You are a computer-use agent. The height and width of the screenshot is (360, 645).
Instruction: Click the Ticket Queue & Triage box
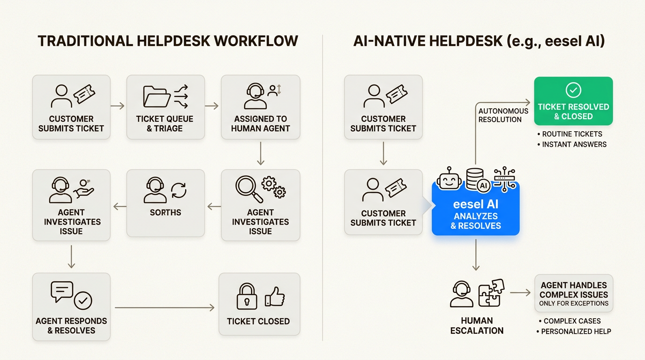click(x=165, y=107)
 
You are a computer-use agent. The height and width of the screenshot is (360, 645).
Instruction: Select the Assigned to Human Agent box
click(x=260, y=107)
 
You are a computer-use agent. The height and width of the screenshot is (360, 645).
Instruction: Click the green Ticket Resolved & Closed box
click(x=573, y=101)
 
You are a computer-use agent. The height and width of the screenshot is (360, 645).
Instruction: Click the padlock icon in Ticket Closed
click(x=247, y=296)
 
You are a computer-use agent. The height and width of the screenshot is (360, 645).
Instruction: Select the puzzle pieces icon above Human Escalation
click(x=491, y=292)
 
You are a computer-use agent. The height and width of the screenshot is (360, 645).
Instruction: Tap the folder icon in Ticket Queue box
click(x=157, y=96)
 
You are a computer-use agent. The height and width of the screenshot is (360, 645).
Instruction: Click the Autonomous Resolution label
click(x=503, y=115)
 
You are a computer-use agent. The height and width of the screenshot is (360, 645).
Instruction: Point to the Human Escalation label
click(x=477, y=325)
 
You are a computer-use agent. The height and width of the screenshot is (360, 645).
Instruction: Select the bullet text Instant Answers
click(x=574, y=144)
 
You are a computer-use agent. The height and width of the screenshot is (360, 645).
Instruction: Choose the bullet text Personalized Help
click(x=576, y=331)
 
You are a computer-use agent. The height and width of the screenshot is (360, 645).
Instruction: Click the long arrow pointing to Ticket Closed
click(x=165, y=307)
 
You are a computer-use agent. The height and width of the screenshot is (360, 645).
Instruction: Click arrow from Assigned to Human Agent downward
click(x=261, y=155)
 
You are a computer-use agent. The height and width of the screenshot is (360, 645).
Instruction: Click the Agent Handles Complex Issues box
click(x=573, y=294)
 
